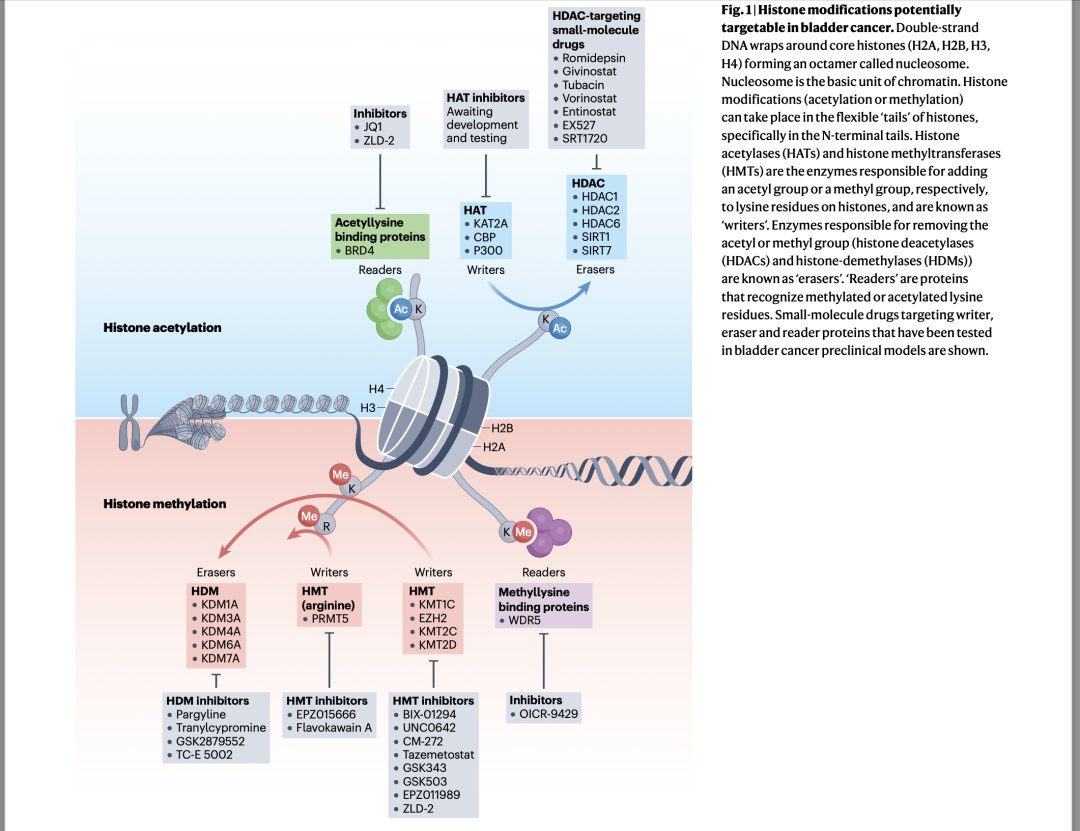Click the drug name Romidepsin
[x=594, y=58]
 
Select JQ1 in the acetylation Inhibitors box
[x=373, y=127]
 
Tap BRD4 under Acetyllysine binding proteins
[x=360, y=250]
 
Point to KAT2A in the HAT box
[x=490, y=223]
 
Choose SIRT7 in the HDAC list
[x=596, y=250]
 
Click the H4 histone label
[x=376, y=389]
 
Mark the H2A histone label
[x=494, y=447]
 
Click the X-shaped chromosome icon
[x=129, y=422]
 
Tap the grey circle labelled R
[x=326, y=526]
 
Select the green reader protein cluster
[x=384, y=309]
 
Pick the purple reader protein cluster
[x=549, y=532]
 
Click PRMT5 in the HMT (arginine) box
[x=330, y=618]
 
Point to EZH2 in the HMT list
[x=433, y=618]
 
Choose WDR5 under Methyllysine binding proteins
[x=524, y=620]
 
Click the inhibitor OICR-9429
[x=548, y=714]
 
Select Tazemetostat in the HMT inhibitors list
[x=438, y=755]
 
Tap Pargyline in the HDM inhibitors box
[x=200, y=715]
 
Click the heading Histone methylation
[x=165, y=504]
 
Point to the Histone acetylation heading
[x=163, y=327]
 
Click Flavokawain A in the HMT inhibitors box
[x=333, y=728]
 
